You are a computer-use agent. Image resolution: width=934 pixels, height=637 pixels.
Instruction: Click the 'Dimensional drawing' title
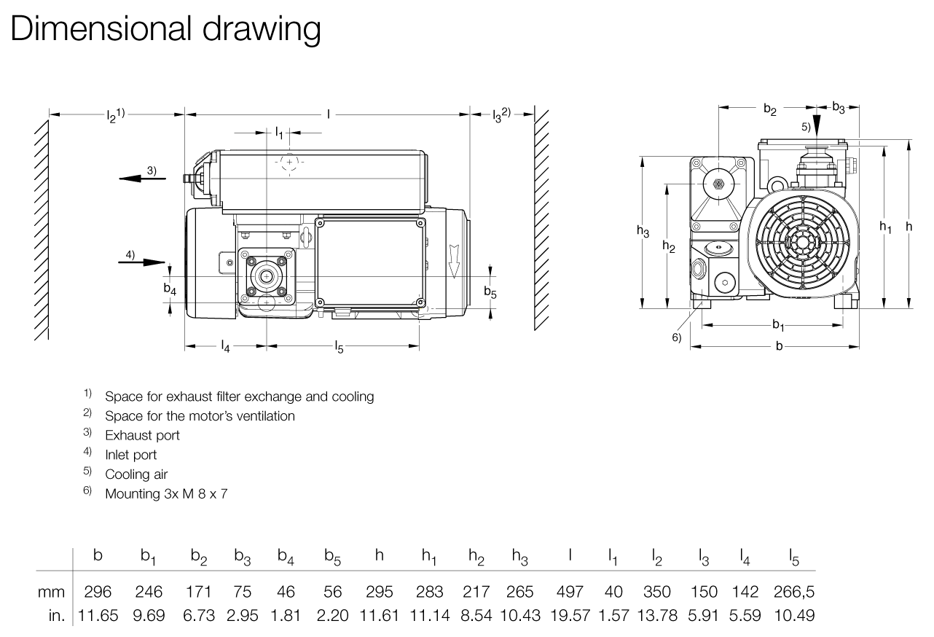[165, 28]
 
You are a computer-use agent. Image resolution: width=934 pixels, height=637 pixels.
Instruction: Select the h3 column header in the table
[519, 558]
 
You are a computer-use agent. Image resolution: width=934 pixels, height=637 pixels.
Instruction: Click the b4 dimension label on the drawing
[170, 290]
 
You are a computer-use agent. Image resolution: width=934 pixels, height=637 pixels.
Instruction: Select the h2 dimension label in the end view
[668, 246]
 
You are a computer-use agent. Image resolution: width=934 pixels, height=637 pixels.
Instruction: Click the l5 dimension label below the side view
[339, 347]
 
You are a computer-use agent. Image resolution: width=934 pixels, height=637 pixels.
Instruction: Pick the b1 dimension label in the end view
[778, 324]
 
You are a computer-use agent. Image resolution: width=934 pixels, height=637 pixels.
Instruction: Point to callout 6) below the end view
[676, 337]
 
